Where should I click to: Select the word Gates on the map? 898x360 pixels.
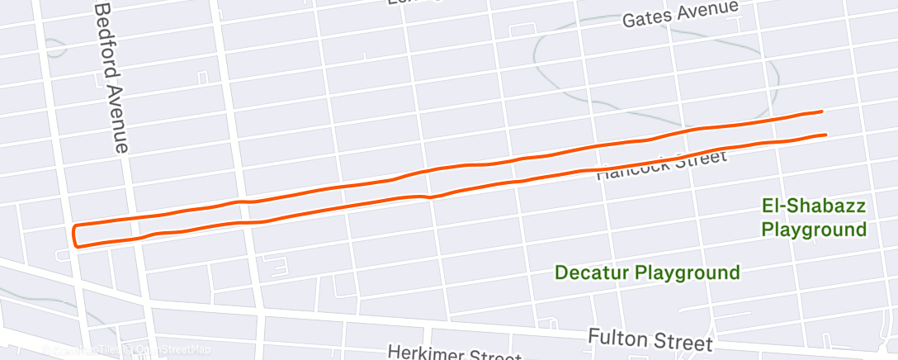tap(645, 17)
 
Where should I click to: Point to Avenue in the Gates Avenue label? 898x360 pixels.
tap(710, 10)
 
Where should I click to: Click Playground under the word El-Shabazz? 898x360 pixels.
tap(814, 229)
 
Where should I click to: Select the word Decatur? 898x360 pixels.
tap(596, 272)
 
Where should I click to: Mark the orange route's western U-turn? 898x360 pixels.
tap(75, 235)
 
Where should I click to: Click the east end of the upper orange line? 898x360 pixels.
tap(821, 111)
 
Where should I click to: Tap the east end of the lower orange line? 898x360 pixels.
tap(825, 134)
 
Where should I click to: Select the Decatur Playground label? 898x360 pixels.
tap(647, 272)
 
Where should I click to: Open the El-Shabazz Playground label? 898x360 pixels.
tap(813, 217)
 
